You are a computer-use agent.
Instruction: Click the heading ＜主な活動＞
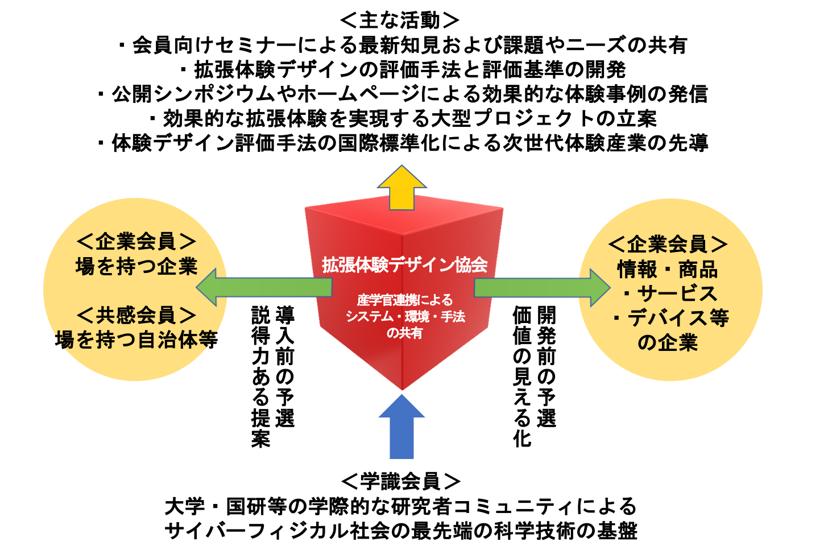(x=400, y=20)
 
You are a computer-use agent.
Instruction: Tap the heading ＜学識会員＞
(x=401, y=481)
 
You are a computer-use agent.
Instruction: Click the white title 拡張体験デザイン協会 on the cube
(x=404, y=264)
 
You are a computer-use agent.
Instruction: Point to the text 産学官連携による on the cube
(x=404, y=300)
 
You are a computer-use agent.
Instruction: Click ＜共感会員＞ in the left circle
(x=136, y=315)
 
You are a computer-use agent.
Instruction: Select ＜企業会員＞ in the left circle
(x=136, y=241)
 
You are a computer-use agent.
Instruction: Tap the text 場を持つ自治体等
(x=136, y=340)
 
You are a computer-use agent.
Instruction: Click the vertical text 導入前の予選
(x=285, y=367)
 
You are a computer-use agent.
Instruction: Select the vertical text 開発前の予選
(x=546, y=367)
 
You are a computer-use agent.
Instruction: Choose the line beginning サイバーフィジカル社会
(x=401, y=531)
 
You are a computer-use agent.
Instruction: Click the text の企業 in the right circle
(x=668, y=342)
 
